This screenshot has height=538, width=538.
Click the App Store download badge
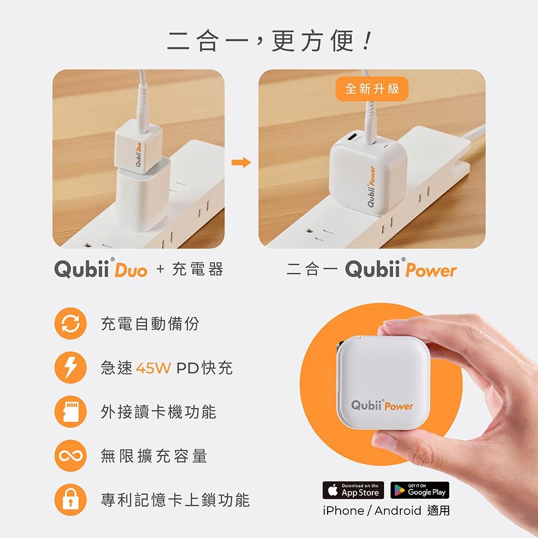point(353,490)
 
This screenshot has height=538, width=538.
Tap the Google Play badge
point(420,490)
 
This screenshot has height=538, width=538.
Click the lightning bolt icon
point(70,369)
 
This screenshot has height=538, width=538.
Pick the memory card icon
point(70,413)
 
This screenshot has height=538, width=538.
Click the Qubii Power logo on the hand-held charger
point(383,405)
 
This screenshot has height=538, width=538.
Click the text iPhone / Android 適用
point(386,511)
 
